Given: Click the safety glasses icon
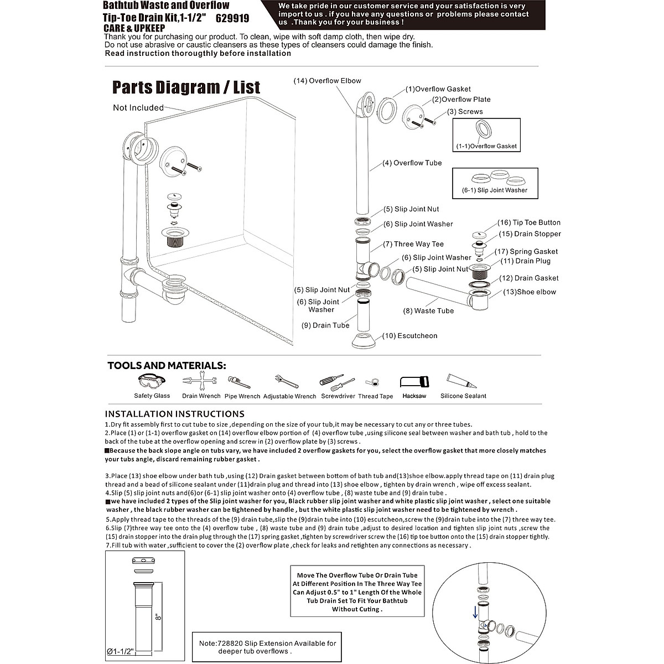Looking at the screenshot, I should tap(151, 381).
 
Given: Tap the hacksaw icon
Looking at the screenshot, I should tap(414, 382).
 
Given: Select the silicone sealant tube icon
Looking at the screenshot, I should tap(461, 381).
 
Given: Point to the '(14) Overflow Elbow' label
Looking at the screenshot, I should tap(327, 81).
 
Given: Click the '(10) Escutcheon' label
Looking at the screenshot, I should tap(409, 336).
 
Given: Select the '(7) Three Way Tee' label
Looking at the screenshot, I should tap(413, 244).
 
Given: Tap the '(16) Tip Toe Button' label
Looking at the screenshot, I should tap(528, 222).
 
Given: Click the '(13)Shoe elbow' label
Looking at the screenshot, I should tap(530, 292).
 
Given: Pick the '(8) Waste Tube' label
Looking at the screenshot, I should tap(428, 311).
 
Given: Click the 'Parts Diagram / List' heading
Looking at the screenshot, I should tap(186, 87).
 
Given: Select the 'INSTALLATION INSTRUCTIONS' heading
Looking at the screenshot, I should tap(175, 414).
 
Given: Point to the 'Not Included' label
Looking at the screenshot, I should tap(138, 108).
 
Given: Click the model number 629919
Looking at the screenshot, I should tap(232, 18).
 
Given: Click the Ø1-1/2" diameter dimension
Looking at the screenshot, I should tap(120, 652).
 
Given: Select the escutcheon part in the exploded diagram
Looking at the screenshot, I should tap(365, 341).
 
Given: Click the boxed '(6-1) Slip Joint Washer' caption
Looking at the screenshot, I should tap(495, 190).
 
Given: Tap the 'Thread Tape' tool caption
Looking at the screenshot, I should tap(375, 396).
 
